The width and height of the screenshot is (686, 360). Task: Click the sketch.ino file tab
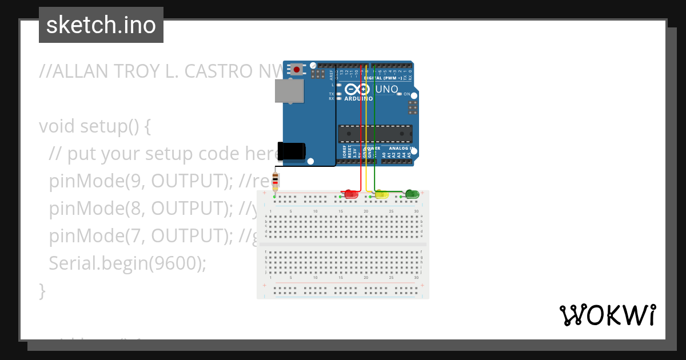[101, 25]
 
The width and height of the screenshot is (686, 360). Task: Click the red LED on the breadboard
[351, 195]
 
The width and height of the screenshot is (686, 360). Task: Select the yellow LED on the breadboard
[381, 195]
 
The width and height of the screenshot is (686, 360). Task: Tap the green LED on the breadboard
[412, 195]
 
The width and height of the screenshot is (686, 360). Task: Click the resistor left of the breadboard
[276, 181]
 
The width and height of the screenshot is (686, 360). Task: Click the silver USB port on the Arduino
[289, 91]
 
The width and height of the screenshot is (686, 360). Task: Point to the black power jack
[292, 151]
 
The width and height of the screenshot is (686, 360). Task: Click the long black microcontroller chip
[374, 133]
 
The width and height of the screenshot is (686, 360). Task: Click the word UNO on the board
[386, 90]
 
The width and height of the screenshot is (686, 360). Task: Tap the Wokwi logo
[607, 315]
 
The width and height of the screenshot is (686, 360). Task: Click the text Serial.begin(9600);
[127, 263]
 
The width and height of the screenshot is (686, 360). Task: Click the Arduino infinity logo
[358, 90]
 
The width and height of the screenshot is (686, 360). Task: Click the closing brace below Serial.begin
[42, 290]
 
